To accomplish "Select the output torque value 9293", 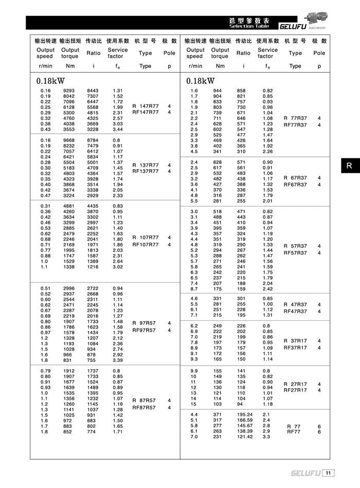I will point(68,91).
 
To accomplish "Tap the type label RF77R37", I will point(295,125).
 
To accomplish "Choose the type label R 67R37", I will point(295,178).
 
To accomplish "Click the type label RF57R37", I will point(295,253).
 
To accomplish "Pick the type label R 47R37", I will point(295,304).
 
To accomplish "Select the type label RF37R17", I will point(295,348).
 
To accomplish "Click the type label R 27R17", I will point(295,384).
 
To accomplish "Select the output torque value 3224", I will point(68,195).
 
